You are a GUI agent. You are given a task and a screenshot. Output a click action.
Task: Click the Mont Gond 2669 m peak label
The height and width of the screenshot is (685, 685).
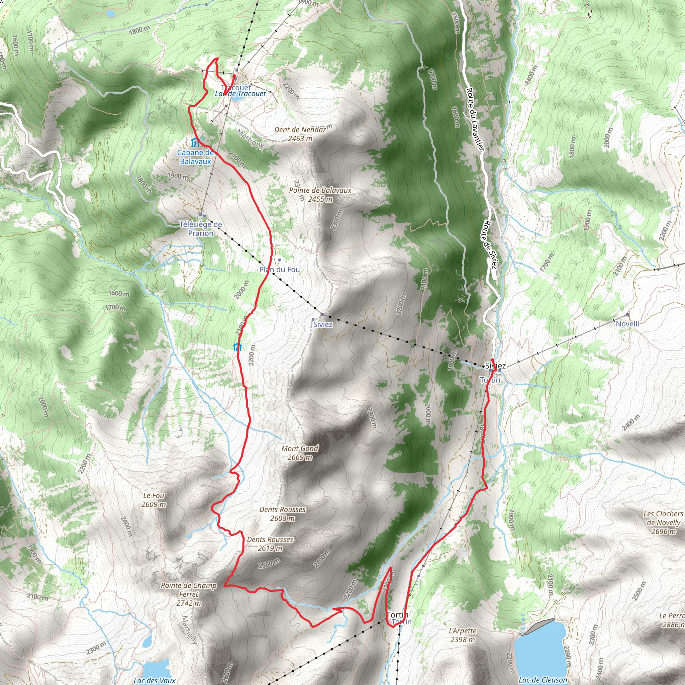tap(300, 453)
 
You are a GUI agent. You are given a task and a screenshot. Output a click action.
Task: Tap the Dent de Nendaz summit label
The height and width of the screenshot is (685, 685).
tap(300, 134)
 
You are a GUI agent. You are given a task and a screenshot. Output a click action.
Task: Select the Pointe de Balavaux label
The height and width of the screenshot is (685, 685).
tap(320, 194)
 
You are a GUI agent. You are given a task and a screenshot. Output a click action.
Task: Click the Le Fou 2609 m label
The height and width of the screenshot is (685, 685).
tap(154, 500)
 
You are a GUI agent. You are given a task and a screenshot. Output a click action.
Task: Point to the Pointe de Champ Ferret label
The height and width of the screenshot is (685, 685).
tap(189, 594)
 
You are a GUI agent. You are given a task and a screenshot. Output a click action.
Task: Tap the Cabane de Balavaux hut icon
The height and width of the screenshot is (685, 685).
tap(195, 142)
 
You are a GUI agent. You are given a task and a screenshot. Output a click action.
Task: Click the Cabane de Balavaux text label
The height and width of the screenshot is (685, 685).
tap(195, 157)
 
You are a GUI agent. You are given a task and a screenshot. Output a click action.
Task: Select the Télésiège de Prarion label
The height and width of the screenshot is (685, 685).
tap(201, 229)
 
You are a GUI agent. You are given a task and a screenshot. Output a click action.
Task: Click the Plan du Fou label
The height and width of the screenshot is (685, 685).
tap(279, 270)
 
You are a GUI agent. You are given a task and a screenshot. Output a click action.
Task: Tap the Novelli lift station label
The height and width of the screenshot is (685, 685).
tap(627, 324)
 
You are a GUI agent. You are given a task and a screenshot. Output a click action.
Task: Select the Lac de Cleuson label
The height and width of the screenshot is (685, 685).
tap(543, 680)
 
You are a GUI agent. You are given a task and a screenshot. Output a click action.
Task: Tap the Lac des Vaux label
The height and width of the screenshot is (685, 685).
tap(155, 680)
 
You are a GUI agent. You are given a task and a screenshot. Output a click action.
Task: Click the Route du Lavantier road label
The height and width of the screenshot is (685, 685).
tap(475, 119)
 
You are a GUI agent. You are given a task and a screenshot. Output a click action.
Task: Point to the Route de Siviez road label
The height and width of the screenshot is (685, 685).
tap(490, 244)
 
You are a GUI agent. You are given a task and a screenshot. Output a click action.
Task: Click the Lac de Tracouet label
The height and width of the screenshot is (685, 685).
tap(240, 94)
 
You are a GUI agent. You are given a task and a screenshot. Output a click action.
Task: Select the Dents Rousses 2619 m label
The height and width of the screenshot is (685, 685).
tap(270, 544)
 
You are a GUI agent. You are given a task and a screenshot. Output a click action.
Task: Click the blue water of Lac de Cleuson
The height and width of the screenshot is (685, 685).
tap(541, 652)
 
